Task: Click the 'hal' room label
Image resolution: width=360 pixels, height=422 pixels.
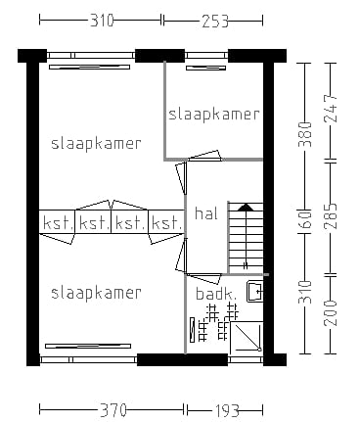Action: [x=206, y=213]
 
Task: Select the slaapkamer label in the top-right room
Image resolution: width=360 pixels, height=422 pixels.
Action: [x=214, y=114]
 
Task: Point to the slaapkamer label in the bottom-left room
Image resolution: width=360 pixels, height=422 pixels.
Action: [x=96, y=292]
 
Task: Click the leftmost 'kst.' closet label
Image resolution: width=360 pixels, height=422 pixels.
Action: [x=58, y=223]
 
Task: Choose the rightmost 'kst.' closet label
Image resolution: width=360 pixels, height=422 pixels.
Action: [x=166, y=223]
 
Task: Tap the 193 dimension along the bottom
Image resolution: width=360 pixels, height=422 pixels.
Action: [x=226, y=409]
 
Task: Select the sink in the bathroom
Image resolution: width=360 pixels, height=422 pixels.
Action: [x=254, y=290]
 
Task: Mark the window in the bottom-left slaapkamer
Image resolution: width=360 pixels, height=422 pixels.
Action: [x=88, y=346]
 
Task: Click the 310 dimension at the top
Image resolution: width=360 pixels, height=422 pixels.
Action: [x=100, y=19]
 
